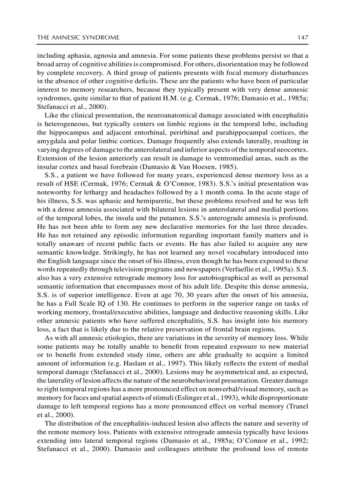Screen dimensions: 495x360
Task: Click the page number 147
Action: click(302, 37)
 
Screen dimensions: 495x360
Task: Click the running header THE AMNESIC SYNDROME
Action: click(78, 37)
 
